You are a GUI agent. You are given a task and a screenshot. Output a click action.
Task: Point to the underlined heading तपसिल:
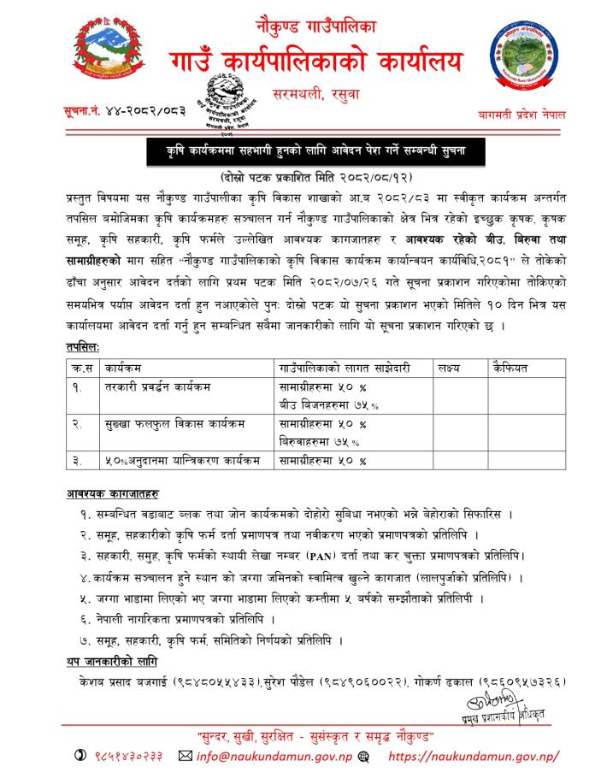[83, 348]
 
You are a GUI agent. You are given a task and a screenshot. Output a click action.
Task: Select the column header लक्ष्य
[450, 368]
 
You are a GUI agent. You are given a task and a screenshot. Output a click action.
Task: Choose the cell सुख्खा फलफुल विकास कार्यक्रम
[171, 424]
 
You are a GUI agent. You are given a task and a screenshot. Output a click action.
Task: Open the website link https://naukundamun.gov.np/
[474, 757]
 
